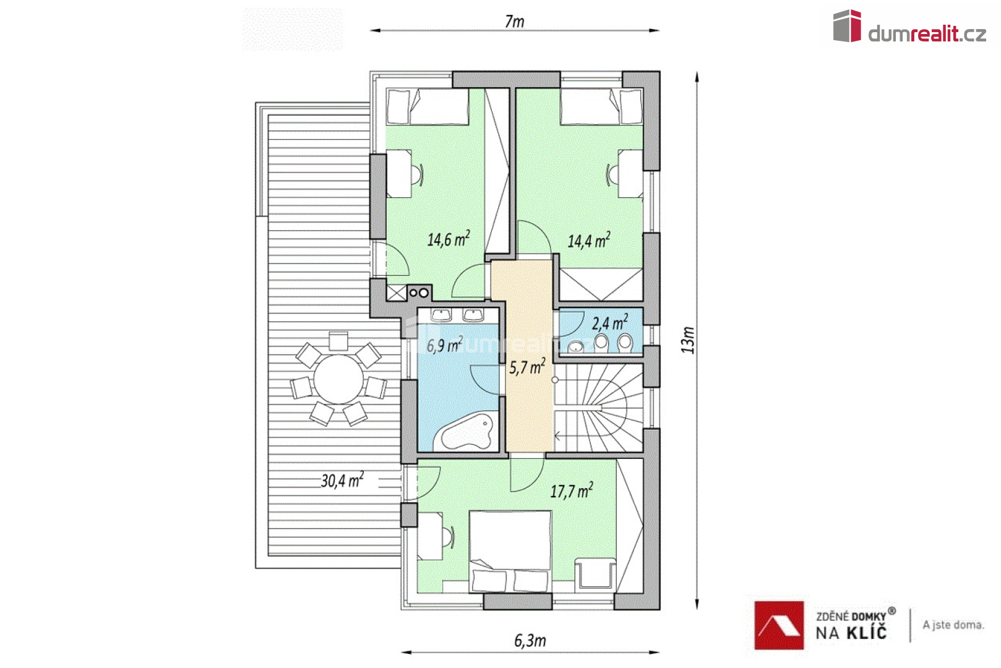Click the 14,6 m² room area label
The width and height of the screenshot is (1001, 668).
tap(448, 239)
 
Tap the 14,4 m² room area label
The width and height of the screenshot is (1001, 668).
tap(588, 241)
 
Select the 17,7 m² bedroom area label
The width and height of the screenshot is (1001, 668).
tap(572, 490)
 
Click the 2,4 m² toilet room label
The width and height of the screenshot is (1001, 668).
tap(609, 322)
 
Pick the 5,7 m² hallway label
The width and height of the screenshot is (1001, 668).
tap(527, 367)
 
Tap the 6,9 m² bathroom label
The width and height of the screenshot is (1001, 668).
tap(444, 345)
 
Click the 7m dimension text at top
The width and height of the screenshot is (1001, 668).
tap(514, 21)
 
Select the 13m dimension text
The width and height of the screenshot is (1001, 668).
tap(688, 340)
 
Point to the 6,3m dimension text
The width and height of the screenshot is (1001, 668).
tap(530, 641)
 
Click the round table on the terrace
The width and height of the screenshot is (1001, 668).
tap(338, 379)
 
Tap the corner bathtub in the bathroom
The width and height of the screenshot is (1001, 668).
tap(465, 432)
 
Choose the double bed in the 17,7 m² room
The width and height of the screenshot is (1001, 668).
tap(510, 552)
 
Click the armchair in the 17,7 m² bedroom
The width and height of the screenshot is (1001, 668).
tap(595, 573)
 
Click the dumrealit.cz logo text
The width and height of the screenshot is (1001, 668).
tap(927, 34)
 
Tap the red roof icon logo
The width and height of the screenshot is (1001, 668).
tap(779, 625)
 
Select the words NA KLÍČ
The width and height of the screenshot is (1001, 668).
tap(851, 633)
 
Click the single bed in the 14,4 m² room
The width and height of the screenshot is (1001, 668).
tap(601, 106)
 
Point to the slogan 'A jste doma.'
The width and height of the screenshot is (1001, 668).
tap(953, 625)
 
